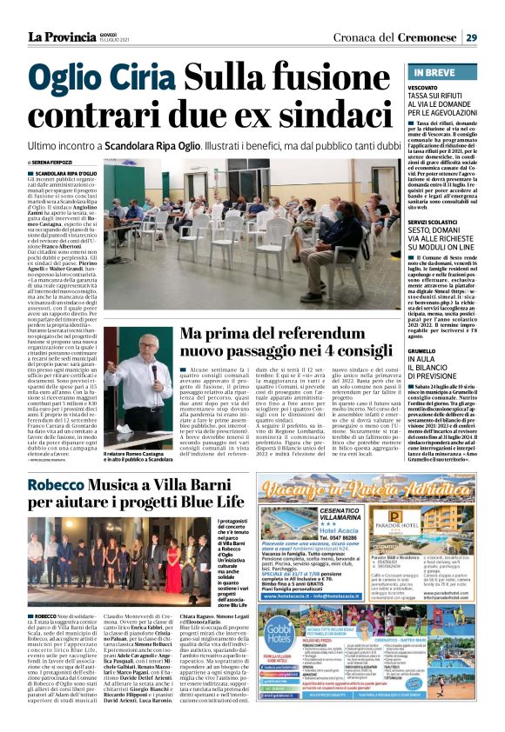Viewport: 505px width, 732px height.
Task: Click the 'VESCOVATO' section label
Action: (x=423, y=88)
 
